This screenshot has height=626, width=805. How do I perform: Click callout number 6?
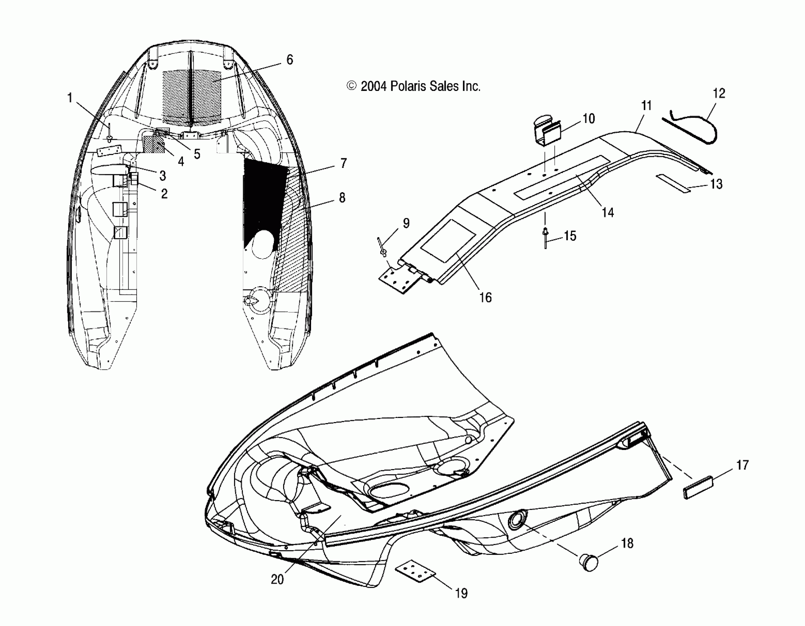[290, 60]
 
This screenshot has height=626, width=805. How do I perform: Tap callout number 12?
[719, 94]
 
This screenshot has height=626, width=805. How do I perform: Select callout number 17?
[742, 465]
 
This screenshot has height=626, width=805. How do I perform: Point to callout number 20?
[277, 580]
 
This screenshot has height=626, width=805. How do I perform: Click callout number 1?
[70, 98]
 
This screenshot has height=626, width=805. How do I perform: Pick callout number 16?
[486, 297]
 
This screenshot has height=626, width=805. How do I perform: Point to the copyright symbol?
[352, 86]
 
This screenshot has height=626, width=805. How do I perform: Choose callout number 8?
[342, 198]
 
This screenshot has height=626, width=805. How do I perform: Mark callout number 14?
[608, 212]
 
